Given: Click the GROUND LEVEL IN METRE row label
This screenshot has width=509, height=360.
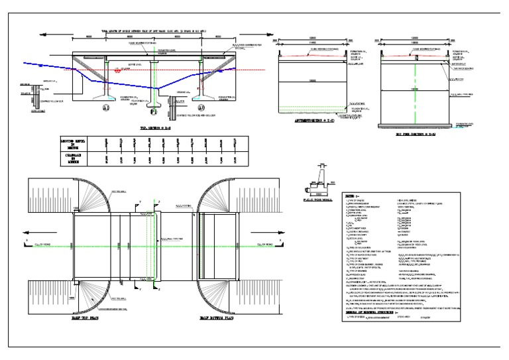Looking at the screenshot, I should coord(75,144).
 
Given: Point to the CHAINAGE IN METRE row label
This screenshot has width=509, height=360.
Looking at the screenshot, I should coord(75,160).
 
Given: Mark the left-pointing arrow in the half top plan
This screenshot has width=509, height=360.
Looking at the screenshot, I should coord(27,232).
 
